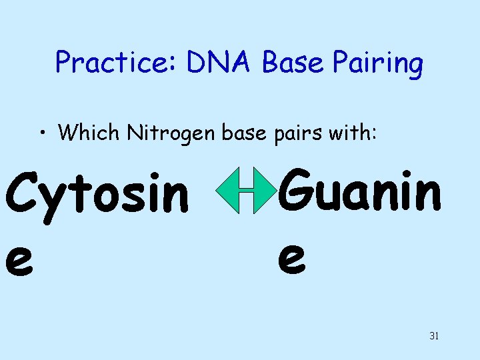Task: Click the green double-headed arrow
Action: pyautogui.click(x=246, y=191)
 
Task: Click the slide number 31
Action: pyautogui.click(x=434, y=336)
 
